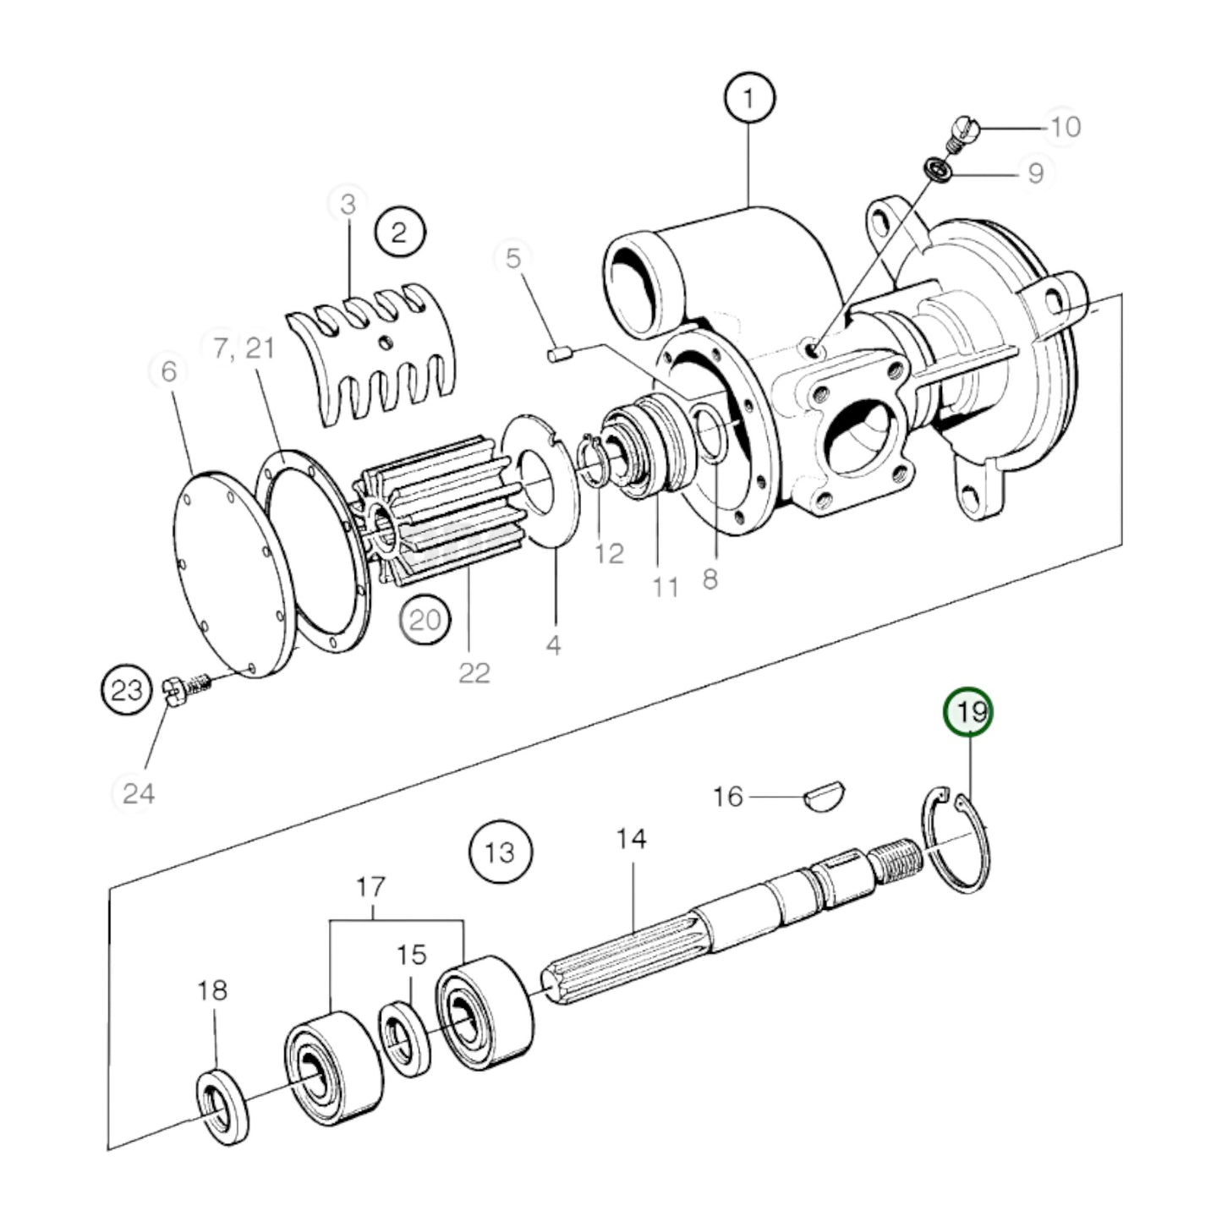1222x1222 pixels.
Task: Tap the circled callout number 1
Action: coord(748,98)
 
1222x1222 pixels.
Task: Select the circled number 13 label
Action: coord(501,852)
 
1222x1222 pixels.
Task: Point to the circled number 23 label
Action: coord(127,691)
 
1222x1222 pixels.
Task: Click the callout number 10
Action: coord(1066,127)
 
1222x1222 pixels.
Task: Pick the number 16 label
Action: coord(727,797)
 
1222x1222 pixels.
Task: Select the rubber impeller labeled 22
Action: coord(431,512)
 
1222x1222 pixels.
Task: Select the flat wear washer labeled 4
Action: coord(541,482)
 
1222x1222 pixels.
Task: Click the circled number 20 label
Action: coord(425,621)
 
